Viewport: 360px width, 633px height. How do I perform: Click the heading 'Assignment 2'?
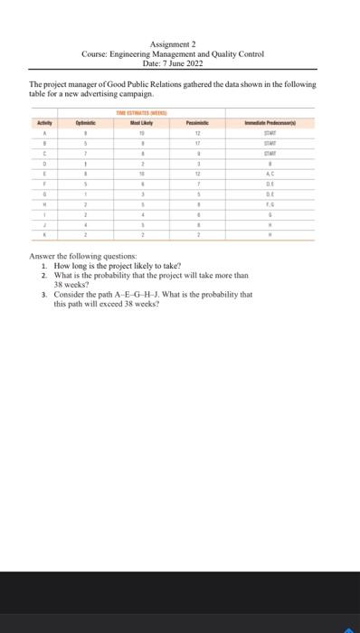click(x=180, y=44)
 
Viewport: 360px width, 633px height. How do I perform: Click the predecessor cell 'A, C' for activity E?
click(x=270, y=172)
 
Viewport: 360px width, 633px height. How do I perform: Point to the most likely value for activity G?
click(x=141, y=194)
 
